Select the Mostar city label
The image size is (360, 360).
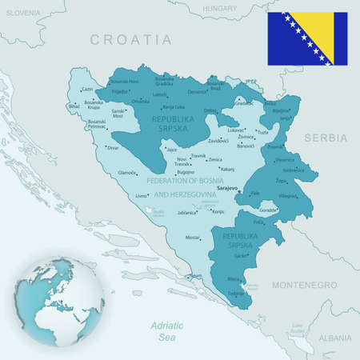(193, 238)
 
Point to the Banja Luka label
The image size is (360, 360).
(174, 106)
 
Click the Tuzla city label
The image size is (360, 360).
(262, 133)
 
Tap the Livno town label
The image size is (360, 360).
(142, 195)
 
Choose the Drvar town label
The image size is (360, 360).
(114, 147)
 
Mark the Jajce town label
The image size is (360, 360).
(171, 149)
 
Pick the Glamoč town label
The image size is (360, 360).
(127, 173)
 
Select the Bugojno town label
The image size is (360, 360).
(186, 172)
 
